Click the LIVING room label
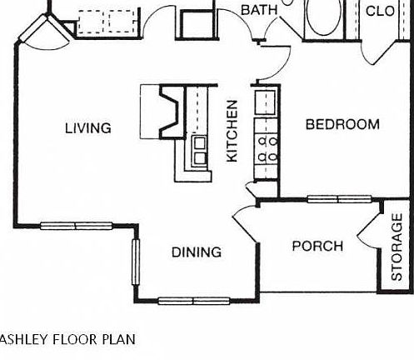point(87,127)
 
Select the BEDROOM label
point(342,125)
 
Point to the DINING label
point(197,252)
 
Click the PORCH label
point(317,246)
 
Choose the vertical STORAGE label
point(397,247)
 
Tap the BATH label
point(258,10)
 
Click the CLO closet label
point(380,11)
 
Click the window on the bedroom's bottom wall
point(339,198)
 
